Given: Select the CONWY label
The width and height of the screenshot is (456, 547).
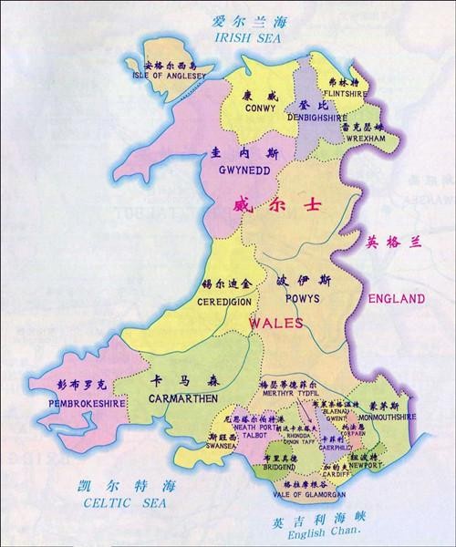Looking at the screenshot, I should pos(260,108).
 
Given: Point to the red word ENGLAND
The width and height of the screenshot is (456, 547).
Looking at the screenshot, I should pos(396,298).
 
